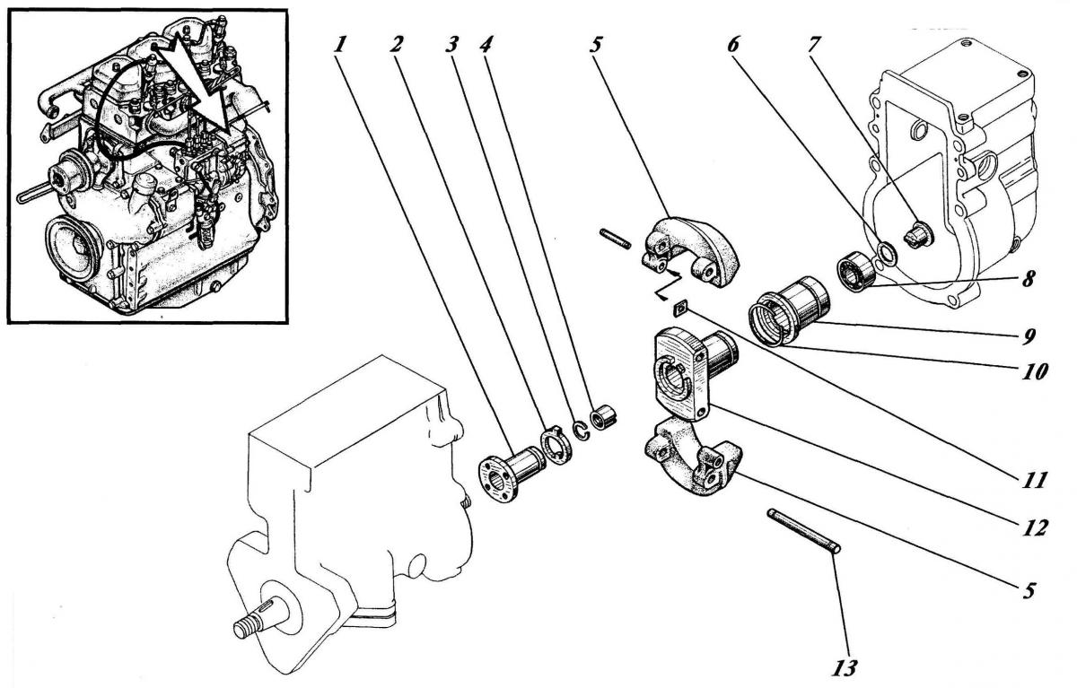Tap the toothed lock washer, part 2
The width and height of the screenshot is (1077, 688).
(x=556, y=446)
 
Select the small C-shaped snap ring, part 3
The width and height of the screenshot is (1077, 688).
(x=582, y=430)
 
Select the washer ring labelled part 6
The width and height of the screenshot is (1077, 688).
(x=885, y=255)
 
